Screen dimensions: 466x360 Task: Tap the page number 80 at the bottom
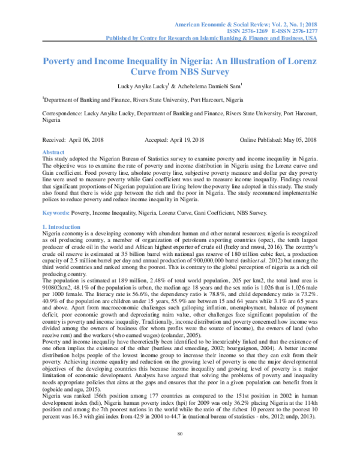click(x=179, y=450)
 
